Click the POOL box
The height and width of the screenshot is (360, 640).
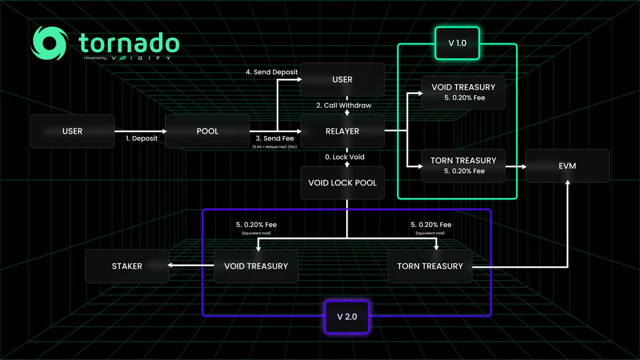click(x=207, y=131)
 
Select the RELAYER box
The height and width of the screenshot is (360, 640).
click(x=342, y=131)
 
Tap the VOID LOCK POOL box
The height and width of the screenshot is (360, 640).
click(x=342, y=183)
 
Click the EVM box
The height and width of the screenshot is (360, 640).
click(x=567, y=166)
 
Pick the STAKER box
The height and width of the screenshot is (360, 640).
click(x=127, y=266)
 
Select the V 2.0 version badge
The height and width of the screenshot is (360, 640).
click(x=346, y=316)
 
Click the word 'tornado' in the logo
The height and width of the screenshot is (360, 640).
click(x=129, y=42)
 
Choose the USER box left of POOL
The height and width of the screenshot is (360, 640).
click(x=73, y=131)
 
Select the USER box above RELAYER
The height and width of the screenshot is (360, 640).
click(x=342, y=79)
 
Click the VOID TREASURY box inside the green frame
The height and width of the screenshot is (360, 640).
click(x=463, y=91)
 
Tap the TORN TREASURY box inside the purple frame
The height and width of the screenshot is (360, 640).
click(x=430, y=266)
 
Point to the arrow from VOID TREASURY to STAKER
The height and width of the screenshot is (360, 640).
click(x=191, y=266)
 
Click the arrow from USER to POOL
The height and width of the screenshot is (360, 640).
click(x=140, y=131)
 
